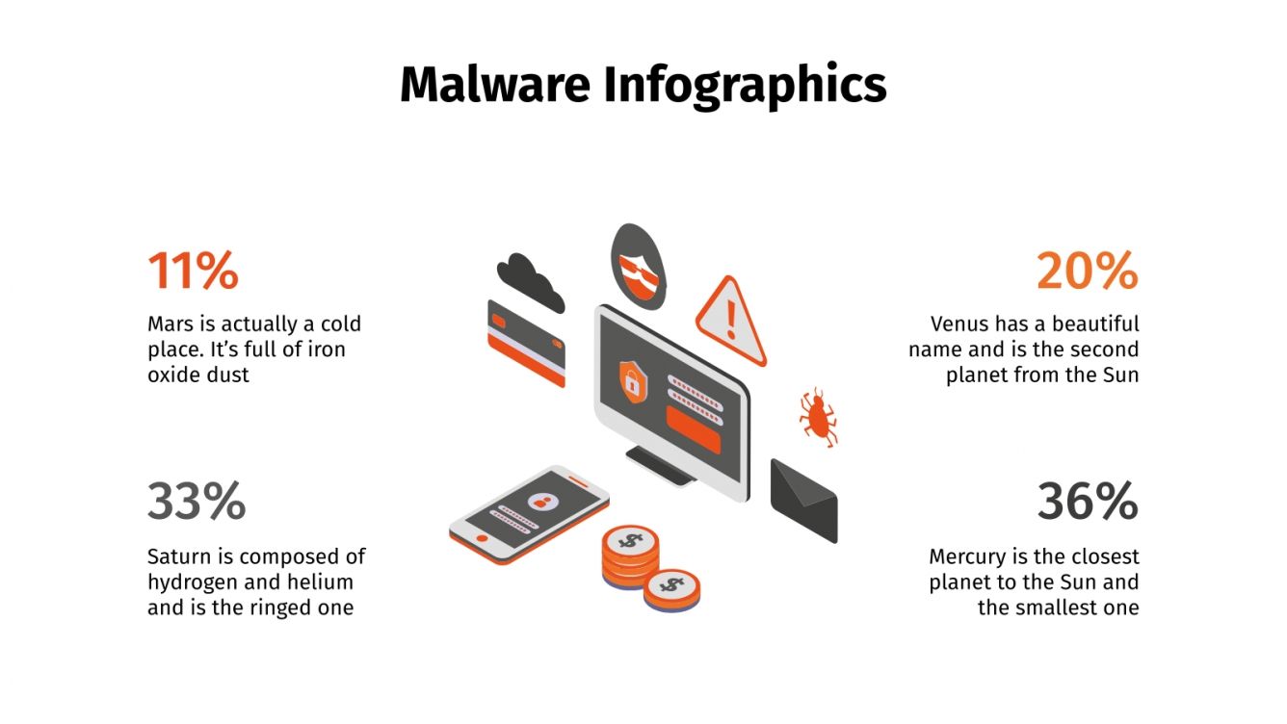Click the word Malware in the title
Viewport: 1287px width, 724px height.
coord(494,85)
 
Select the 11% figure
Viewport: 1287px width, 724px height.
coord(193,271)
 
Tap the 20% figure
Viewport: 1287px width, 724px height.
coord(1087,271)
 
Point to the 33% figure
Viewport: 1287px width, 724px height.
coord(197,502)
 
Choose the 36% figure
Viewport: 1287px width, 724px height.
coord(1087,502)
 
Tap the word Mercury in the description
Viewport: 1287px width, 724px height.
coord(967,556)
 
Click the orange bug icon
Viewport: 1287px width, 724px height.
coord(818,416)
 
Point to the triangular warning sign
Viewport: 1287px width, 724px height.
coord(731,320)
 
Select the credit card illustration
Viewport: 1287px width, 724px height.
coord(526,342)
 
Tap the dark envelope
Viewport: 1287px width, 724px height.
coord(803,499)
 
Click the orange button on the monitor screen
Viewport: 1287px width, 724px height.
coord(693,427)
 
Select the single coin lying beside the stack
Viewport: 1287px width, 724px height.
coord(671,587)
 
